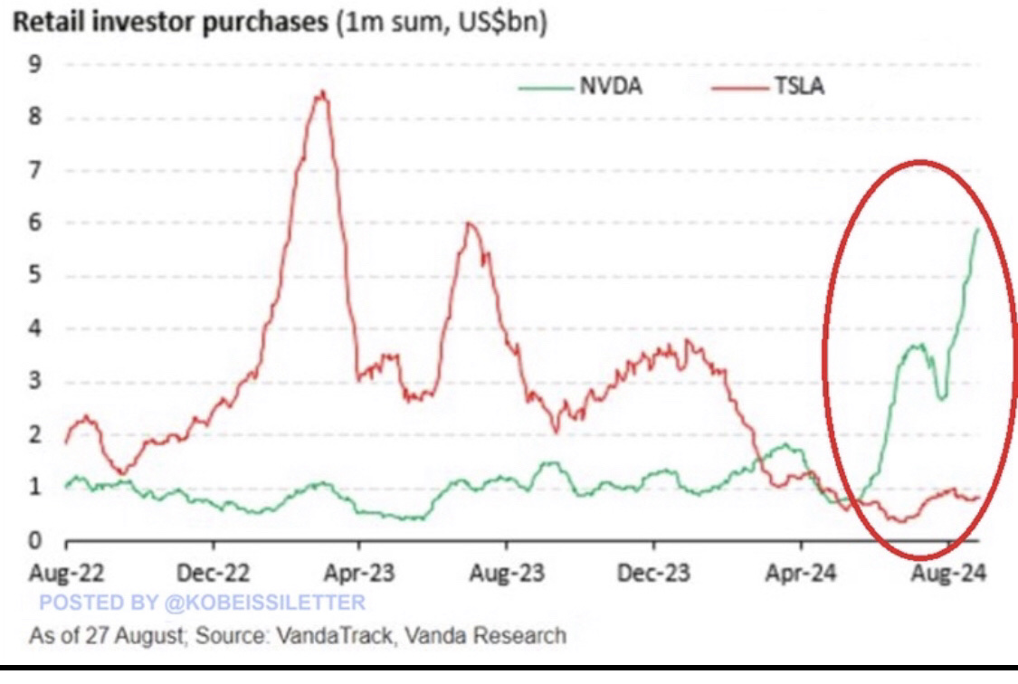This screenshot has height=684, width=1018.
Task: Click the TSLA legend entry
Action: [x=799, y=87]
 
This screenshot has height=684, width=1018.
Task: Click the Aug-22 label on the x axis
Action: [x=67, y=574]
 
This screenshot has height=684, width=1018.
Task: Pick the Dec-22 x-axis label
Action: [x=214, y=574]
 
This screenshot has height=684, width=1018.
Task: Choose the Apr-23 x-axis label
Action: [x=359, y=574]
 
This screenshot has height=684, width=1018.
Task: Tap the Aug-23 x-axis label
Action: [x=506, y=574]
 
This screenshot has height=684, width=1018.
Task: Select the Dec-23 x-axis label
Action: [x=653, y=574]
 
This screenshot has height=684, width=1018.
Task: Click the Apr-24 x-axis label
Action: [x=801, y=574]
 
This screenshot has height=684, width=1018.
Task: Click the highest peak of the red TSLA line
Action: [x=322, y=92]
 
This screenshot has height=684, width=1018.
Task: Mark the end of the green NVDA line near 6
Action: [x=977, y=230]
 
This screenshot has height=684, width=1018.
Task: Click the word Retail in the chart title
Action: [x=45, y=24]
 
